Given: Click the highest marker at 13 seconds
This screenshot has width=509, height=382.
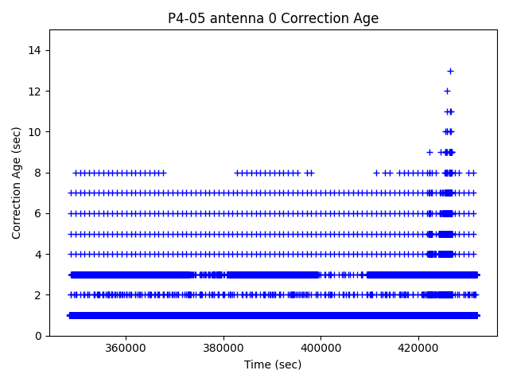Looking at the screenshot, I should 450,71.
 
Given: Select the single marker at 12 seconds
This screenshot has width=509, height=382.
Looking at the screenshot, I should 447,91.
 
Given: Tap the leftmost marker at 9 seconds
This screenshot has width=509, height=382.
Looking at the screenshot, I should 429,152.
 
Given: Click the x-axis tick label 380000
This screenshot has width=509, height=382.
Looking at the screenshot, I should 223,349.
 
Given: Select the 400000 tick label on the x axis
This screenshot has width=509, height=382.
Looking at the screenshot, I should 321,349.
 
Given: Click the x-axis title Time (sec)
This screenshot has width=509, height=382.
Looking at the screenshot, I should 273,364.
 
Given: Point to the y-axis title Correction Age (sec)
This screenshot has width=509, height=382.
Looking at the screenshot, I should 17,182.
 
